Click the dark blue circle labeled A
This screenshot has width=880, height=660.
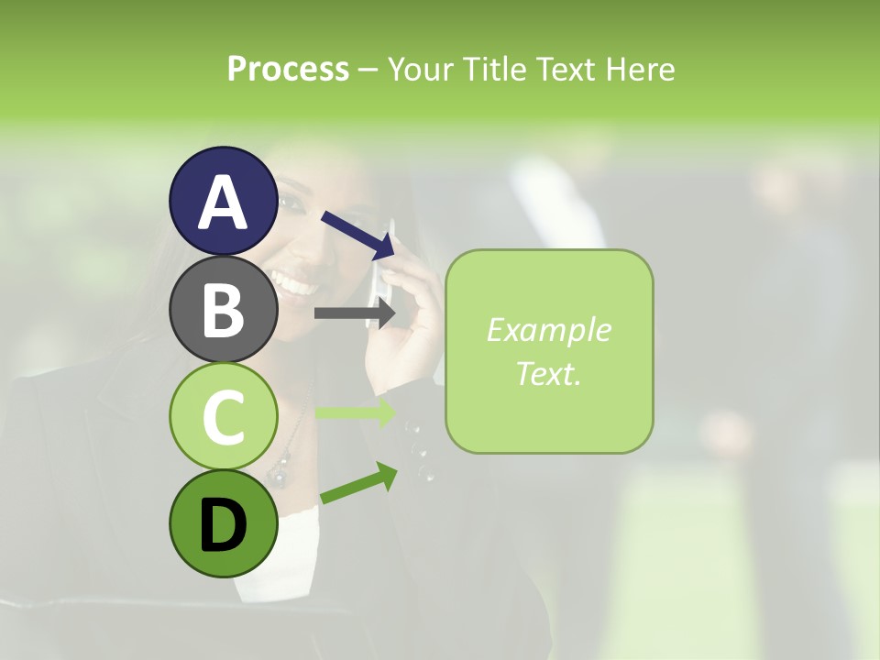click(224, 201)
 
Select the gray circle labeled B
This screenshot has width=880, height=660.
click(224, 309)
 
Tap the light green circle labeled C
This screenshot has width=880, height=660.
click(224, 417)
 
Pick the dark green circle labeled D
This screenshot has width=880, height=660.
click(224, 524)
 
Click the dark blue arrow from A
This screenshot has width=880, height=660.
click(358, 235)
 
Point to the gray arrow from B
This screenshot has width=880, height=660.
click(354, 313)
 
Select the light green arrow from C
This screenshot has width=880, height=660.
click(354, 412)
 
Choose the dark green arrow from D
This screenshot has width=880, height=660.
click(358, 483)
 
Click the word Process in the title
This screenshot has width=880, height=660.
click(288, 69)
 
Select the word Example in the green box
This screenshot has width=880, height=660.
click(548, 330)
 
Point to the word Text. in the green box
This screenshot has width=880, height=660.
click(548, 373)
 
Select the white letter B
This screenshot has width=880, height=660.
click(224, 310)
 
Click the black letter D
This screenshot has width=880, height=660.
click(224, 525)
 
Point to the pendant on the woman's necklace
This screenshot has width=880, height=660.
click(278, 473)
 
